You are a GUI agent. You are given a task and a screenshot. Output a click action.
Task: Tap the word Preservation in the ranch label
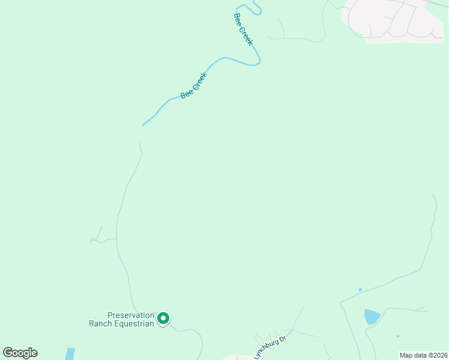click(x=131, y=315)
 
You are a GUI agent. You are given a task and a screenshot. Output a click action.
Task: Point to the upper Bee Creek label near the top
click(x=243, y=29)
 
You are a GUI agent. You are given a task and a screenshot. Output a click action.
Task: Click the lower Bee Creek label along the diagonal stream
click(x=193, y=86)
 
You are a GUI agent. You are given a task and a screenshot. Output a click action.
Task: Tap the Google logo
click(x=20, y=353)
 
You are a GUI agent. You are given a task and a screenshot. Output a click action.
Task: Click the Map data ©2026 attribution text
click(x=423, y=355)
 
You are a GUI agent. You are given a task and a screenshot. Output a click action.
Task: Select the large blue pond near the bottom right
click(x=372, y=316)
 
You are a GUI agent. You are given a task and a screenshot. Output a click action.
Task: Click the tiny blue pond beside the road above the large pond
click(x=360, y=290)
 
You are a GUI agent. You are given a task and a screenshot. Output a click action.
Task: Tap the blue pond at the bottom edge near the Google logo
click(x=70, y=354)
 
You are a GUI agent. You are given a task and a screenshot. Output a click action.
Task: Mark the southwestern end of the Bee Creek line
click(x=142, y=125)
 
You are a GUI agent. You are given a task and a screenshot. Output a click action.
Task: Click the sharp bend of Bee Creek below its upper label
click(x=259, y=61)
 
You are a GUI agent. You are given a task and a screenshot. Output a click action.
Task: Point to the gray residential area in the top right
click(x=393, y=21)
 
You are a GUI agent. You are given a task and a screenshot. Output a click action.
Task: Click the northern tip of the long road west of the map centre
click(x=139, y=143)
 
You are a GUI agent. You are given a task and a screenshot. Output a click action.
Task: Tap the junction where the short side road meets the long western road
click(x=116, y=239)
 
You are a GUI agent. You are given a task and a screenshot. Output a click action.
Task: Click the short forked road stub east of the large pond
click(x=422, y=310)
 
